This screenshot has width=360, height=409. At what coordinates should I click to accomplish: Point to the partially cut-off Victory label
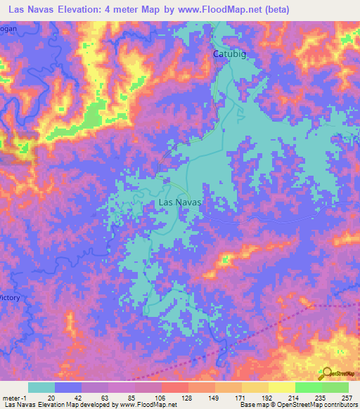10,298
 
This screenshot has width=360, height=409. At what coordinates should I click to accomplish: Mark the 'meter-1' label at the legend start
13,397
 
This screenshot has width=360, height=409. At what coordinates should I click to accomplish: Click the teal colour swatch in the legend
41,387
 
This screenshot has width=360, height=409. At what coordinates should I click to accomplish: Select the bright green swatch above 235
309,387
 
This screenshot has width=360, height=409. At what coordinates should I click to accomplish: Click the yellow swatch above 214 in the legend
282,387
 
